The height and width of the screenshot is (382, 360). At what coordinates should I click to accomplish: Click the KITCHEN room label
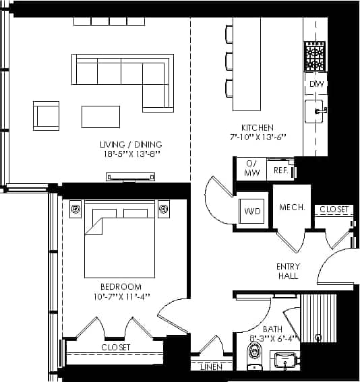(x=258, y=127)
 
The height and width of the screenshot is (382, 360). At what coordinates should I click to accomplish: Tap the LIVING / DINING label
(x=131, y=144)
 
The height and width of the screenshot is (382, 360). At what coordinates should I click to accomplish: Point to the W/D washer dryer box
(x=253, y=211)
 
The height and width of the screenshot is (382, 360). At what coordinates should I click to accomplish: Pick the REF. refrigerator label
(x=281, y=171)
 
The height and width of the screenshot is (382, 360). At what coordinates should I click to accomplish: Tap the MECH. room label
(x=292, y=208)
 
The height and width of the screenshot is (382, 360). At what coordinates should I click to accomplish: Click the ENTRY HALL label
(x=289, y=271)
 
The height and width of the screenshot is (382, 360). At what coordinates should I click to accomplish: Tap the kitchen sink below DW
(x=315, y=111)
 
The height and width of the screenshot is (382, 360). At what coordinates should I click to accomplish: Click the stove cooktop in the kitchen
(x=315, y=57)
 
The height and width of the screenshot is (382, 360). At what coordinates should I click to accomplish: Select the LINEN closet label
(x=212, y=367)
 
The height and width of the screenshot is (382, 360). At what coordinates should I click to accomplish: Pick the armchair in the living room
(x=47, y=115)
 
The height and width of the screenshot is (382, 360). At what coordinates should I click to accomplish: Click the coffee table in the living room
(x=100, y=117)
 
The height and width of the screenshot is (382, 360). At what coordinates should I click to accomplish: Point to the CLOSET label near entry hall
(x=334, y=210)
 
